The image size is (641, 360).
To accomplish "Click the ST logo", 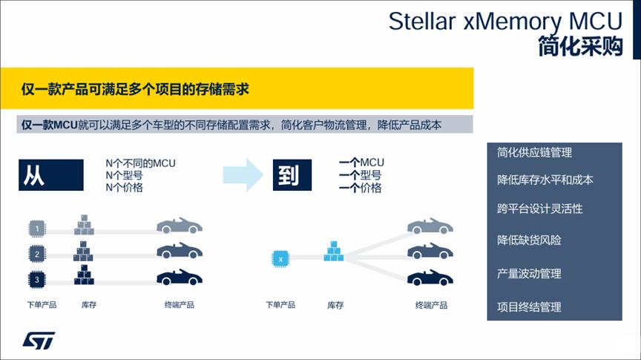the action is click(x=39, y=341).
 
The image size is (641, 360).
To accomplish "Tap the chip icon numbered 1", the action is click(x=37, y=229).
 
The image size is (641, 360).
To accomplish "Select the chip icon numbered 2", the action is click(x=37, y=254).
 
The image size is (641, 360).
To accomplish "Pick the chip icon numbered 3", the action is click(x=37, y=280).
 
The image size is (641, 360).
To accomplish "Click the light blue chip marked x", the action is click(x=280, y=258).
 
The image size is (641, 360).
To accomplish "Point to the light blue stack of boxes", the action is click(x=334, y=251).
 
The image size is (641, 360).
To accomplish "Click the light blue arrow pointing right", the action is click(x=243, y=175).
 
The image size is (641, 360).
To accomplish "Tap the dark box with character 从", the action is click(x=51, y=175).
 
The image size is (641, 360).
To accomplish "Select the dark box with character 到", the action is click(x=292, y=175).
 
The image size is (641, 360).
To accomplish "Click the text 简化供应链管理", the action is click(x=534, y=153).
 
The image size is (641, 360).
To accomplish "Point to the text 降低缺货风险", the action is click(x=529, y=240).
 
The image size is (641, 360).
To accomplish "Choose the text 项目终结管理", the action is click(x=529, y=307).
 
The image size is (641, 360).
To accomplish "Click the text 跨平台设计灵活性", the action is click(x=539, y=209).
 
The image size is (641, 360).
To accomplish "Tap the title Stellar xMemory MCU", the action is click(x=505, y=22).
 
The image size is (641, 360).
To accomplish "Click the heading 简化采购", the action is click(x=580, y=46).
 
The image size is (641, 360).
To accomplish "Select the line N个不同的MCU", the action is click(x=140, y=163).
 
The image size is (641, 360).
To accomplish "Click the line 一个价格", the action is click(x=360, y=188).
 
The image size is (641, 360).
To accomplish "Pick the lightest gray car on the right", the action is click(x=430, y=226).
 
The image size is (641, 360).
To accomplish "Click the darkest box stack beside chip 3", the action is click(x=85, y=275).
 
